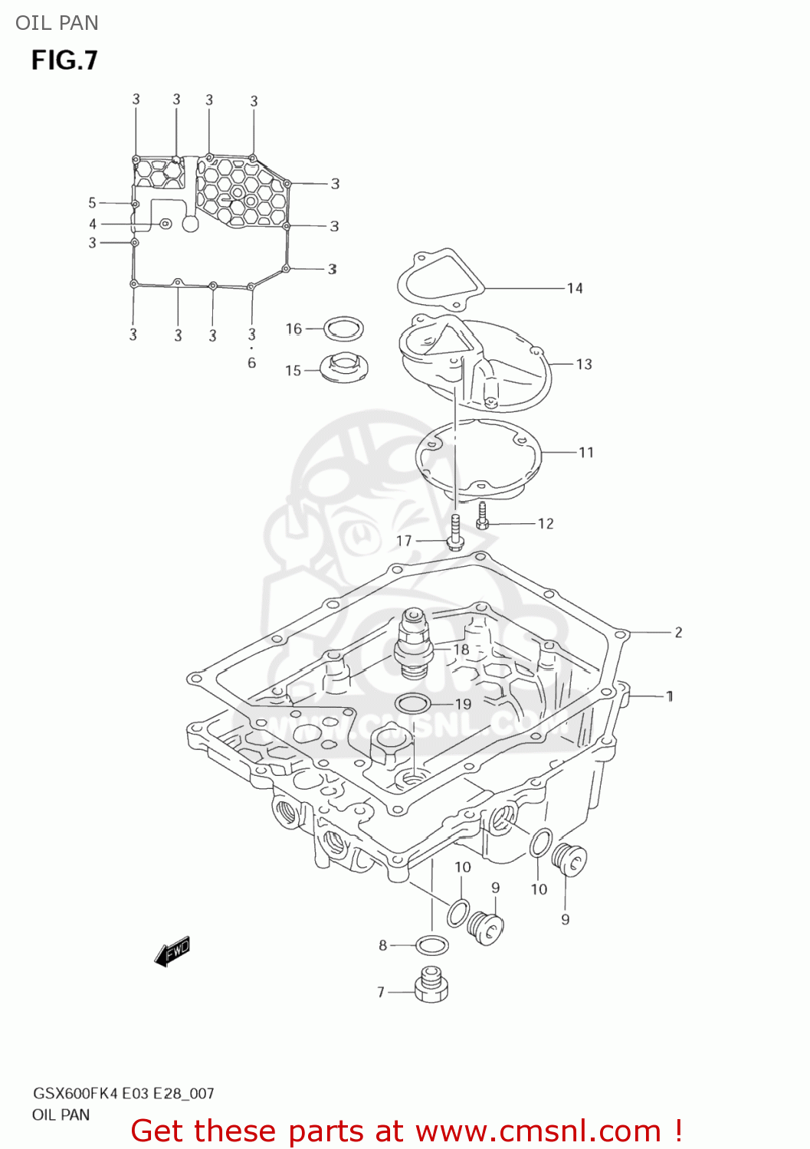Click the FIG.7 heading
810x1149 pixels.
(64, 61)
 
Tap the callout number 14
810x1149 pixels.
(575, 288)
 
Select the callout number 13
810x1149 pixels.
(584, 364)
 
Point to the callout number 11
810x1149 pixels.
(586, 452)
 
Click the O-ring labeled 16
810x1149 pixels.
(343, 329)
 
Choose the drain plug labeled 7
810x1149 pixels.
(431, 985)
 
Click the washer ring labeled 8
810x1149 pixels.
(432, 945)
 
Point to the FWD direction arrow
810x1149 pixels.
(172, 951)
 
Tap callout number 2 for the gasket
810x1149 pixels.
(678, 632)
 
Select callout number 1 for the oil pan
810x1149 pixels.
(670, 696)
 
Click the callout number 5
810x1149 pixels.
(92, 203)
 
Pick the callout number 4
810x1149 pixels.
(93, 224)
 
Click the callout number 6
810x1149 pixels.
(251, 363)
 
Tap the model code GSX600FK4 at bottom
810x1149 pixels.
(76, 1093)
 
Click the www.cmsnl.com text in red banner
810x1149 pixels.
(538, 1131)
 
